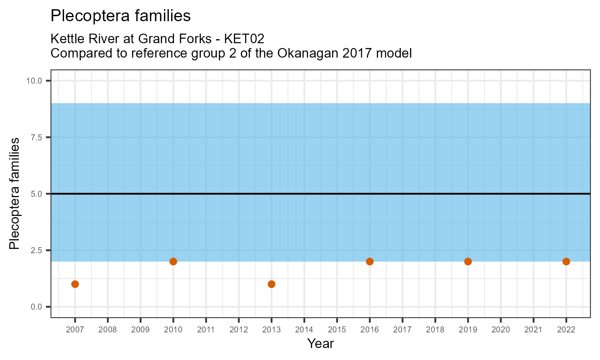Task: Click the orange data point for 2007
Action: coord(75,284)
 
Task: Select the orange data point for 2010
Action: coord(173,262)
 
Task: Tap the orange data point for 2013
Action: coord(271,284)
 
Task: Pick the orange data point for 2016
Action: coord(370,262)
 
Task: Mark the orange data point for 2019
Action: coord(468,262)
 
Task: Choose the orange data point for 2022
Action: coord(566,262)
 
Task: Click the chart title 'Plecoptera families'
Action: coord(120,16)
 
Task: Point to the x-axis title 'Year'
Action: coord(320,344)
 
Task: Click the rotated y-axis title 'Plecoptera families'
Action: coord(14,194)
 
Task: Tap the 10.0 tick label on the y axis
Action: coord(34,81)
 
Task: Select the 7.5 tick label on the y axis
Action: coord(36,137)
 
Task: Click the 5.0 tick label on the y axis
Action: coord(36,194)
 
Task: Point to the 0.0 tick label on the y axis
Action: coord(36,307)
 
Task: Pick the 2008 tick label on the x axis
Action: coord(108,330)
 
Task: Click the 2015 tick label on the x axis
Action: coord(337,330)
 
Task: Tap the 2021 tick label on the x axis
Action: coord(533,330)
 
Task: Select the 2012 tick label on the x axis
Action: coord(238,330)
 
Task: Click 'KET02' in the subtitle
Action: coord(244,39)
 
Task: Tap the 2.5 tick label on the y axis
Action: coord(36,250)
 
